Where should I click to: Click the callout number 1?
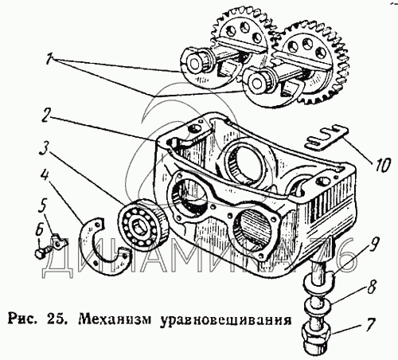(49, 59)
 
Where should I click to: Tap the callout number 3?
(44, 150)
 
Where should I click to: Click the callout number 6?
(39, 230)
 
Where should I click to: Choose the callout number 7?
(369, 325)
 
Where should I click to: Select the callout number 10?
(381, 165)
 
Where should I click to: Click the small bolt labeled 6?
(42, 251)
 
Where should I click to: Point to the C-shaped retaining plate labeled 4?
(88, 252)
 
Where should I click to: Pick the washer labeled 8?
(318, 305)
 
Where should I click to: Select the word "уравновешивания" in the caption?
(225, 320)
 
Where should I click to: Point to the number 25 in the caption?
(57, 319)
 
